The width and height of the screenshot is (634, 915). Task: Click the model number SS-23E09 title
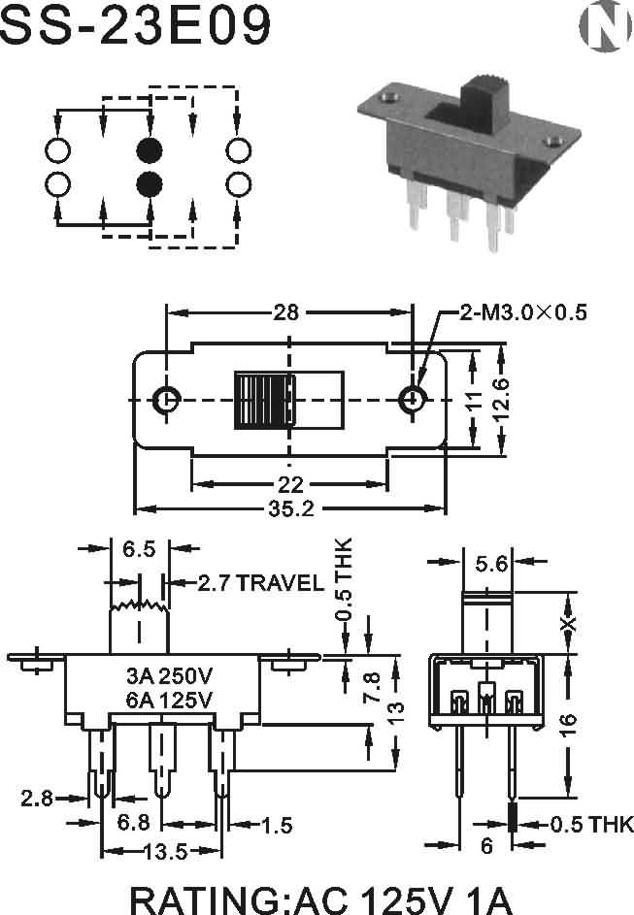[136, 24]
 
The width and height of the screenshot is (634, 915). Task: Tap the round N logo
[606, 25]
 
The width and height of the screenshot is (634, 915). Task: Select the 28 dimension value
[286, 312]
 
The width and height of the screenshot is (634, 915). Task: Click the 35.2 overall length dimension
[291, 508]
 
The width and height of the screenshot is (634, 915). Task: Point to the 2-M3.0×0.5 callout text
[522, 312]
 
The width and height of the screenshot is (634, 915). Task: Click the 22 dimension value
[290, 484]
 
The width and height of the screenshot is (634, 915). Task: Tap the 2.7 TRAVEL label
[260, 582]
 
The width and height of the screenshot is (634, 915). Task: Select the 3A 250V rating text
[170, 675]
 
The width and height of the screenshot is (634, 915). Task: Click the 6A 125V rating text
[170, 699]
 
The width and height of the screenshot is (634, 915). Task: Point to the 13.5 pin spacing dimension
[166, 852]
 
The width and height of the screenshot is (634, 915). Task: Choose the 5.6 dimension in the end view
[491, 564]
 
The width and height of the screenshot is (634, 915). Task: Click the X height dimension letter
[568, 624]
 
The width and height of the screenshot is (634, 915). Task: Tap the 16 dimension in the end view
[568, 724]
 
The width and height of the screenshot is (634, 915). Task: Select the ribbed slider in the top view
[264, 401]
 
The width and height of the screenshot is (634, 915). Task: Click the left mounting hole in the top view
[167, 400]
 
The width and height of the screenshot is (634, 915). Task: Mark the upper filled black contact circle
[150, 150]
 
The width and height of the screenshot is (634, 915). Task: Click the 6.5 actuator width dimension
[139, 548]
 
